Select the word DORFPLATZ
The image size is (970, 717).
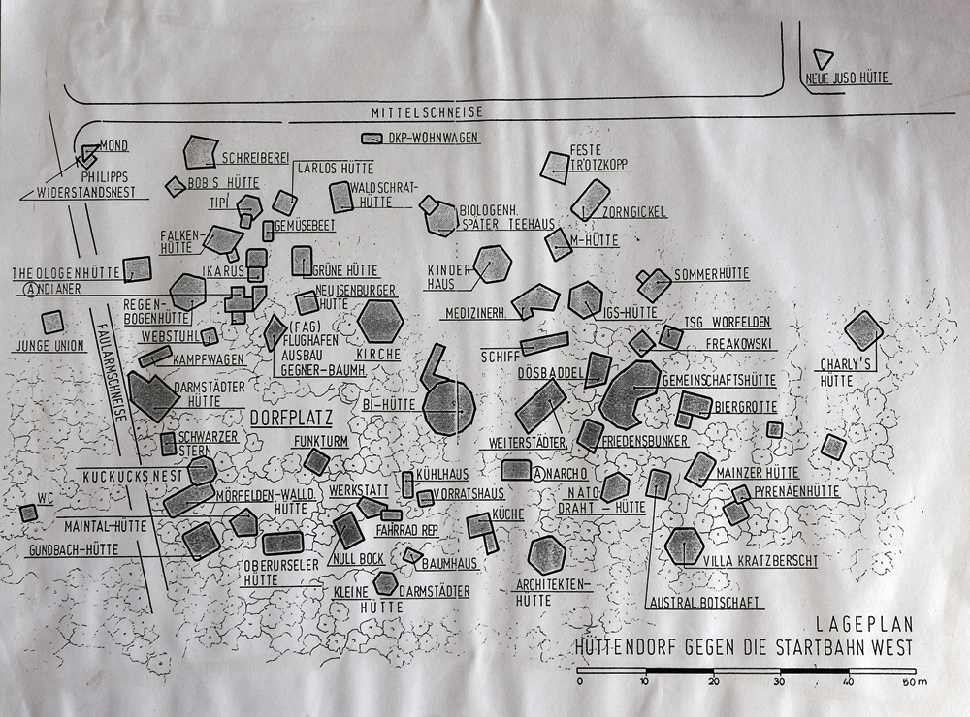[x=291, y=419]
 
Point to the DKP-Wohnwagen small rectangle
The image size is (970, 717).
[x=372, y=139]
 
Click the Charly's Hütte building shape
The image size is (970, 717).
[x=862, y=329]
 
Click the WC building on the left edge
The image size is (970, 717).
[x=28, y=513]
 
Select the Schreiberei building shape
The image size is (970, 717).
[x=200, y=152]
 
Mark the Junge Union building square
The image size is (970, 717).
[x=52, y=322]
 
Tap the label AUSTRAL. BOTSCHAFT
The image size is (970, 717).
[x=704, y=603]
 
